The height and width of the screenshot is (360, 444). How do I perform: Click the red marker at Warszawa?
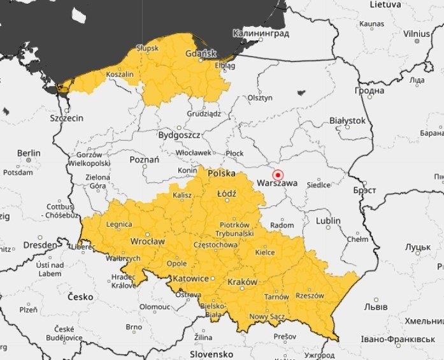pyautogui.click(x=277, y=175)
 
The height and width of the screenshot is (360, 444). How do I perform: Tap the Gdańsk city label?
pyautogui.click(x=201, y=54)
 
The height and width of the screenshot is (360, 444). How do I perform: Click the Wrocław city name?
pyautogui.click(x=147, y=241)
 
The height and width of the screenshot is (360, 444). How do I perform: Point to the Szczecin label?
pyautogui.click(x=67, y=118)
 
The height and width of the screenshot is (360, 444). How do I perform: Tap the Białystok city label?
pyautogui.click(x=347, y=120)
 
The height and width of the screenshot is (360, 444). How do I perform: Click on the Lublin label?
pyautogui.click(x=327, y=220)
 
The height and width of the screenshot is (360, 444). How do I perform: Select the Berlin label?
pyautogui.click(x=29, y=153)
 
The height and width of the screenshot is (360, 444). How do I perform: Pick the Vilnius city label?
pyautogui.click(x=417, y=33)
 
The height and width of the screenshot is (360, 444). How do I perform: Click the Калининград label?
pyautogui.click(x=261, y=33)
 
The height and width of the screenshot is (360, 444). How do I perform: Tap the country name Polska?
pyautogui.click(x=222, y=173)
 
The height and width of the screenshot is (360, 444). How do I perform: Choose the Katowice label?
pyautogui.click(x=191, y=278)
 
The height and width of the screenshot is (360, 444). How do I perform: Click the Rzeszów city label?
pyautogui.click(x=310, y=296)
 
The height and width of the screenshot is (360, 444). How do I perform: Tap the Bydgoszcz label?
pyautogui.click(x=180, y=135)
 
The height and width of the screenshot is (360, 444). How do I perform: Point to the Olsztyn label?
pyautogui.click(x=260, y=97)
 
